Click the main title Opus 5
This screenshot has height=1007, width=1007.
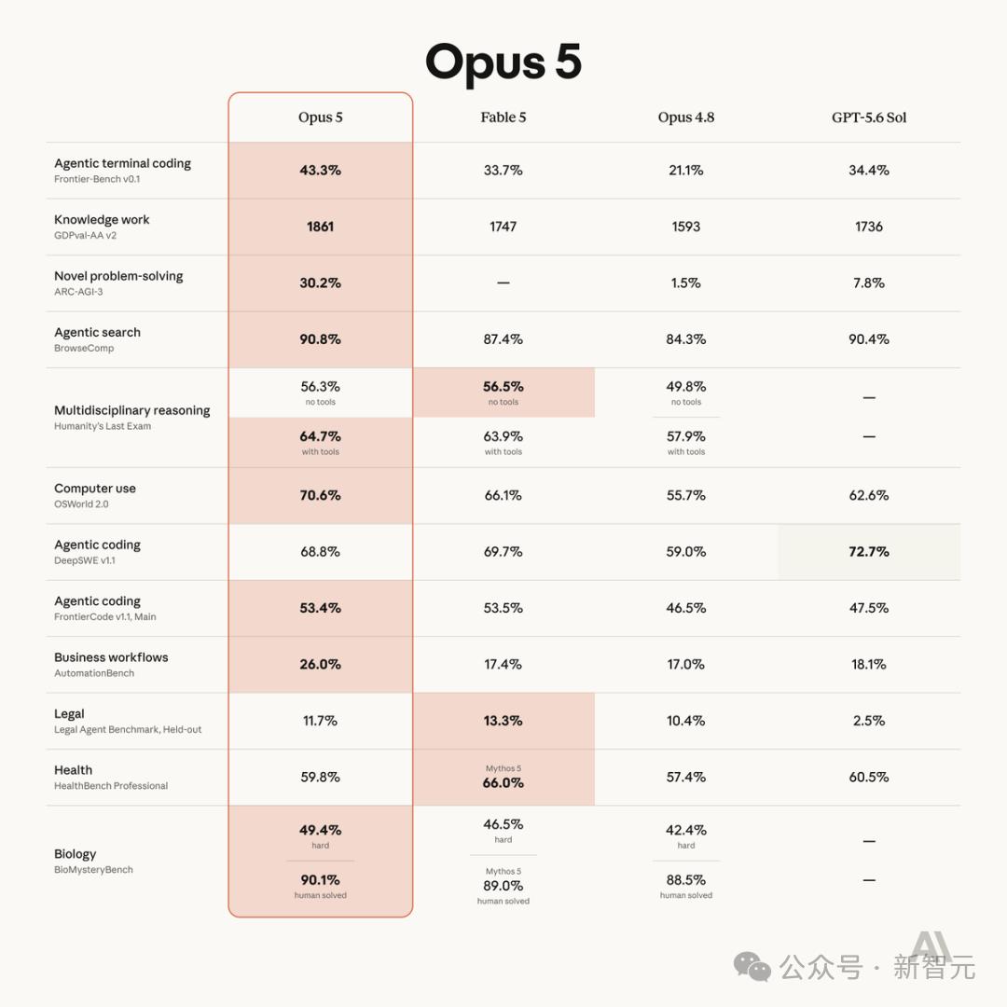coord(504,62)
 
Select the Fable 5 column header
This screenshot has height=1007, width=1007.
coord(503,117)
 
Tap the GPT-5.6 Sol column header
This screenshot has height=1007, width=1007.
coord(869,117)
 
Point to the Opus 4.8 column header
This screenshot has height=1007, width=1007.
coord(686,117)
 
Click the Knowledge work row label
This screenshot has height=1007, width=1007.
coord(102,220)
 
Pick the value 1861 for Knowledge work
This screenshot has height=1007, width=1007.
coord(320,227)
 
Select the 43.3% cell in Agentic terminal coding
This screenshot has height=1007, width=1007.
coord(320,171)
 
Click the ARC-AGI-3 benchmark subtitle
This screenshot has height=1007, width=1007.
coord(78,292)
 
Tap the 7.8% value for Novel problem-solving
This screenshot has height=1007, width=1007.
coord(869,283)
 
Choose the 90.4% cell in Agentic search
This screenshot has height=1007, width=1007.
coord(869,339)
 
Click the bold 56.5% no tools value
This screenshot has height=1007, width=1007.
coord(503,387)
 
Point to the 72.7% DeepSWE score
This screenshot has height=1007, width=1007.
coord(869,552)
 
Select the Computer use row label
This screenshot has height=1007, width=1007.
coord(95,488)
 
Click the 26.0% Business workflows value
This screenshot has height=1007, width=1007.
coord(320,664)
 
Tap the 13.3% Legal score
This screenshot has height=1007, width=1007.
coord(503,721)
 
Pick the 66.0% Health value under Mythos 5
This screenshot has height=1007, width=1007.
coord(503,783)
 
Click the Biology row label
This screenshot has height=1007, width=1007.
coord(76,854)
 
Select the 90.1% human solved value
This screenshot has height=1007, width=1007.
coord(320,880)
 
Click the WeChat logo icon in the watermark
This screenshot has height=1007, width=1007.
coord(752,967)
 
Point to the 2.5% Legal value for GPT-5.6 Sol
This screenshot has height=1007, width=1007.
coord(869,721)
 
